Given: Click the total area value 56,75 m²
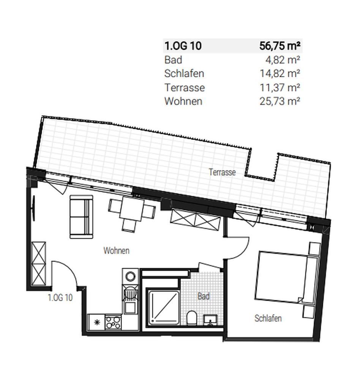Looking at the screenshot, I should [280, 46].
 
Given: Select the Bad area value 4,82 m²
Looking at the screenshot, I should [285, 60].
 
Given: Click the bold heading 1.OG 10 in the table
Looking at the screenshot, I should [183, 46].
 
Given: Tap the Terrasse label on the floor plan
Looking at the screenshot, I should [222, 172].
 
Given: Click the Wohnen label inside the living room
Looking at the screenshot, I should [116, 251].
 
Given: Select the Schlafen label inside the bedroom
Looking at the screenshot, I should [268, 318].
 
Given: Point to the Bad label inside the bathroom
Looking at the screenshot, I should [204, 296].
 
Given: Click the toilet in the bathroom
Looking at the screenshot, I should [192, 318].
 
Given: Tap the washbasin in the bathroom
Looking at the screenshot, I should [210, 321].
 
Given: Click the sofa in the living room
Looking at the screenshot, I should [81, 217].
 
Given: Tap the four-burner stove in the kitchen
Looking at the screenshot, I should [113, 323].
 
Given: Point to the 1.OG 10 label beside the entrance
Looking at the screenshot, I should [60, 298].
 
